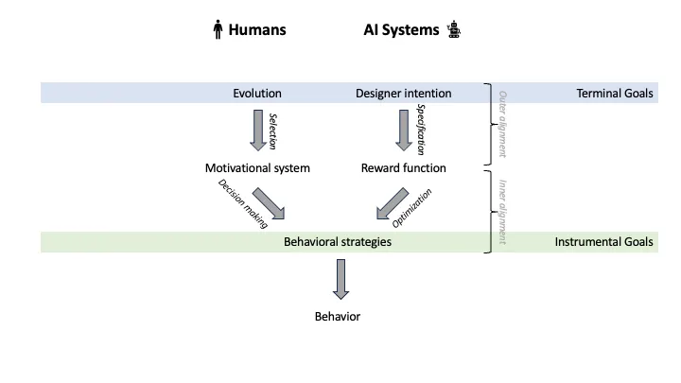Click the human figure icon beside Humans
pyautogui.click(x=218, y=29)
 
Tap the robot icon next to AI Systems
pyautogui.click(x=454, y=29)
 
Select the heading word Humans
pyautogui.click(x=257, y=29)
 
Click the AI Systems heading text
pyautogui.click(x=401, y=29)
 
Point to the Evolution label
pyautogui.click(x=257, y=94)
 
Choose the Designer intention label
pyautogui.click(x=404, y=94)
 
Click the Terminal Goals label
pyautogui.click(x=615, y=94)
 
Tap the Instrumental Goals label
pyautogui.click(x=603, y=242)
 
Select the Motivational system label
pyautogui.click(x=257, y=168)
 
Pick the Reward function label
pyautogui.click(x=404, y=168)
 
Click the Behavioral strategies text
pyautogui.click(x=338, y=242)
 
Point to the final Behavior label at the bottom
pyautogui.click(x=338, y=317)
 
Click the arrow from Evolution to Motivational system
pyautogui.click(x=258, y=131)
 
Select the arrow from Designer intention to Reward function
pyautogui.click(x=404, y=131)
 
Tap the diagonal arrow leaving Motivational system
pyautogui.click(x=269, y=203)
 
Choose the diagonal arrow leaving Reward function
pyautogui.click(x=393, y=203)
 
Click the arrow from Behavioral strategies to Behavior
pyautogui.click(x=340, y=279)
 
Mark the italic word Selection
pyautogui.click(x=272, y=131)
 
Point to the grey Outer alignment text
pyautogui.click(x=503, y=124)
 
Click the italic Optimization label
pyautogui.click(x=411, y=208)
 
